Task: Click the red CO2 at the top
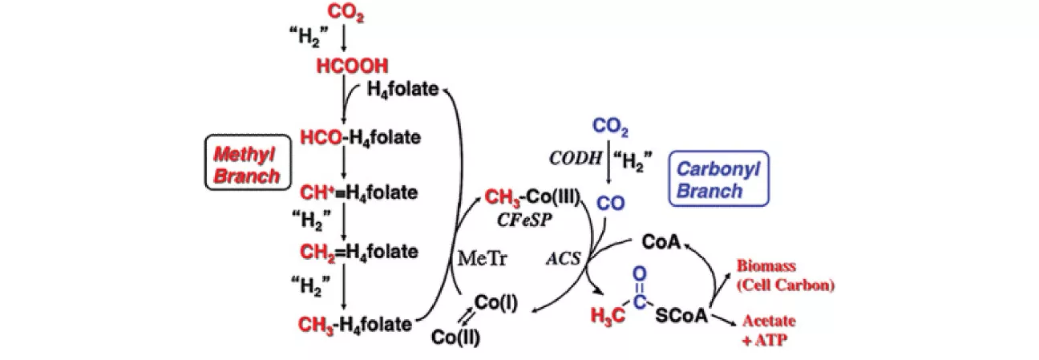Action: pyautogui.click(x=346, y=13)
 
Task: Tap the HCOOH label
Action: pyautogui.click(x=352, y=66)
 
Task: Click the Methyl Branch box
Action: pyautogui.click(x=248, y=162)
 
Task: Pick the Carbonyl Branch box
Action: pyautogui.click(x=718, y=178)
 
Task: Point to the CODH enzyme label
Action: pyautogui.click(x=575, y=158)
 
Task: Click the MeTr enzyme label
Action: pyautogui.click(x=483, y=258)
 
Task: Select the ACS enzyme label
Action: pyautogui.click(x=563, y=258)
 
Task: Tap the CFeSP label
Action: pyautogui.click(x=524, y=220)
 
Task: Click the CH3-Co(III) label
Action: pyautogui.click(x=532, y=197)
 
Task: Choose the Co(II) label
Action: pyautogui.click(x=455, y=338)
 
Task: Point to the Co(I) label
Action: pyautogui.click(x=495, y=303)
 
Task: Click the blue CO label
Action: pyautogui.click(x=610, y=203)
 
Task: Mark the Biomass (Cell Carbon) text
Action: pyautogui.click(x=786, y=275)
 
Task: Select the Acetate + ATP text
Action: pyautogui.click(x=769, y=330)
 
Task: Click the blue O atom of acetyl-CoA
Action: pyautogui.click(x=639, y=274)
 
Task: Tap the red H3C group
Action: pyautogui.click(x=608, y=317)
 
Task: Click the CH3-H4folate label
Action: pyautogui.click(x=355, y=324)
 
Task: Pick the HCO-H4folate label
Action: pyautogui.click(x=361, y=138)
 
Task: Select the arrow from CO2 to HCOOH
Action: pyautogui.click(x=344, y=38)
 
